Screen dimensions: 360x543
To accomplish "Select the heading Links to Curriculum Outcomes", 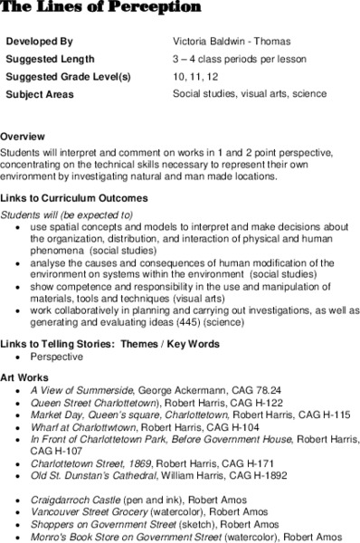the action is (x=74, y=197).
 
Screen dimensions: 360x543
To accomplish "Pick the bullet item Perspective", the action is (x=57, y=357).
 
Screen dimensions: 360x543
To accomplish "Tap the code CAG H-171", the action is (x=245, y=461).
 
